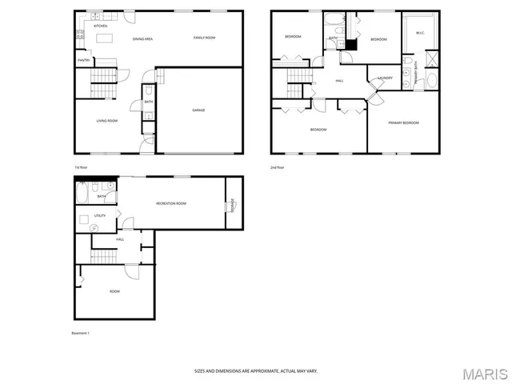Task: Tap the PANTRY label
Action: (x=83, y=60)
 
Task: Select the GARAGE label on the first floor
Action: (x=198, y=110)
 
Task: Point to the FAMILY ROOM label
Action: (x=204, y=38)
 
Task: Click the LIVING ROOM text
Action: (x=106, y=121)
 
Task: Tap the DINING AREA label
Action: (x=142, y=38)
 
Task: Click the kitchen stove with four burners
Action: (x=80, y=34)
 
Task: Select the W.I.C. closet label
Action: (x=418, y=33)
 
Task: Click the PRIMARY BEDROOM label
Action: (x=403, y=122)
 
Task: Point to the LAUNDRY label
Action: (x=384, y=78)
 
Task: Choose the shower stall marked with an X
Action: (x=432, y=58)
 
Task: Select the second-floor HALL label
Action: (x=339, y=80)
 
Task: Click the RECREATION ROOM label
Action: (x=170, y=203)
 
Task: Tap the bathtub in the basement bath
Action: (x=84, y=193)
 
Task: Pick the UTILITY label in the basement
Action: (x=99, y=215)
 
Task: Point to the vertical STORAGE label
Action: (x=230, y=205)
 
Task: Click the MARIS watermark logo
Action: (x=482, y=373)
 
